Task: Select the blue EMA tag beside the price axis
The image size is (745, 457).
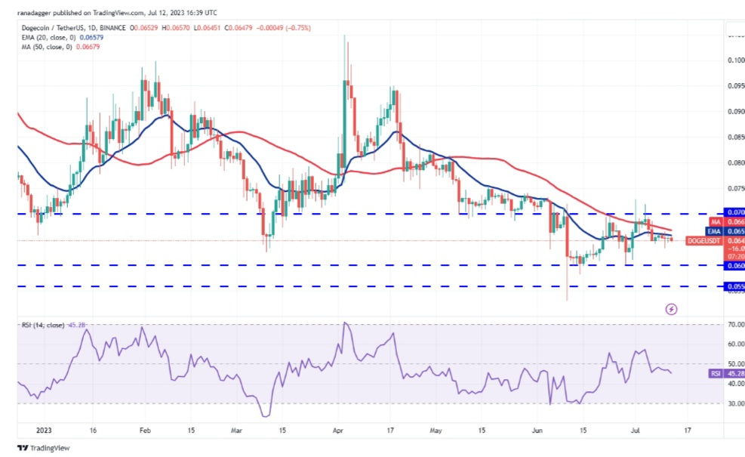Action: [x=713, y=231]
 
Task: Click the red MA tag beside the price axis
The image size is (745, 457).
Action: [x=713, y=222]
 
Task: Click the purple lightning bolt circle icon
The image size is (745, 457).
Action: [x=671, y=309]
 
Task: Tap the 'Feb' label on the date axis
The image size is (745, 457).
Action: [x=146, y=431]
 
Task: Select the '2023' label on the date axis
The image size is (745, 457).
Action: [x=31, y=431]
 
